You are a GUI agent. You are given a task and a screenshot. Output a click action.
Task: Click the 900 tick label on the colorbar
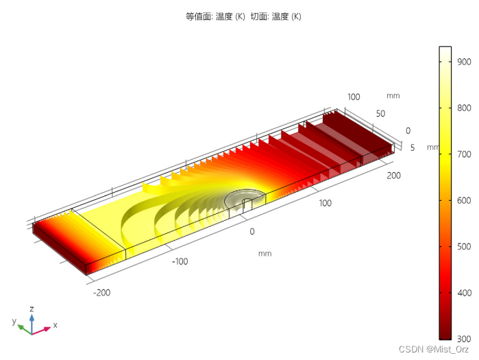[x=464, y=62]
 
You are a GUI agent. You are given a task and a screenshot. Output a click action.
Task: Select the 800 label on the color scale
[x=464, y=108]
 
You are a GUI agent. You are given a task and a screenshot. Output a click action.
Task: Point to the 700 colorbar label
[x=464, y=154]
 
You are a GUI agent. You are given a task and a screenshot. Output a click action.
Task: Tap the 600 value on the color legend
[x=464, y=200]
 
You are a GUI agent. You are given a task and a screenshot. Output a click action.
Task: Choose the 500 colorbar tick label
[x=464, y=247]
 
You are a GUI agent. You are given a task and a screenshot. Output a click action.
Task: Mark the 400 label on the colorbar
[x=464, y=293]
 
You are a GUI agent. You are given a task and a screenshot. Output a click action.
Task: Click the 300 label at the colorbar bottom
[x=464, y=339]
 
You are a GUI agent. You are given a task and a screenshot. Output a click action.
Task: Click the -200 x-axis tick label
[x=101, y=293]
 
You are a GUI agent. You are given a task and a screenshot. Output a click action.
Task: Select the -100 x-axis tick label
[x=180, y=261]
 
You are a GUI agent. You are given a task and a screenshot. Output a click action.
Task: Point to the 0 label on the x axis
[x=252, y=231]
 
